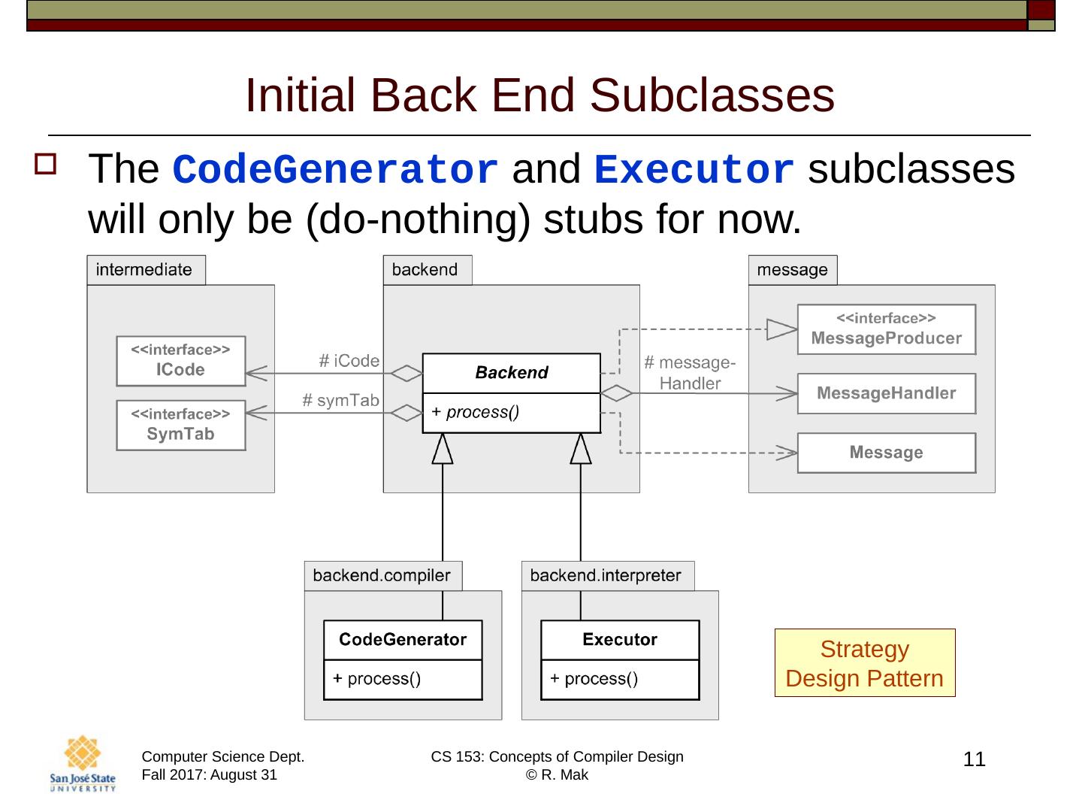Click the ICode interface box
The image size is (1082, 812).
coord(180,361)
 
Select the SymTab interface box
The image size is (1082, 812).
coord(180,426)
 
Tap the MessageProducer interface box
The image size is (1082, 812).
coord(886,329)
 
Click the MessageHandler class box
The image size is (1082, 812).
coord(886,393)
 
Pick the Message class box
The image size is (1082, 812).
coord(886,453)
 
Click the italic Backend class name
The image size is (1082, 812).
coord(512,373)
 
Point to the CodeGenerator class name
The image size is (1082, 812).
coord(403,640)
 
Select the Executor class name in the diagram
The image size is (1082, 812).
coord(620,640)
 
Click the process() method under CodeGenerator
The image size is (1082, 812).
coord(377,679)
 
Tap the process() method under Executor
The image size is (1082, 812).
coord(594,679)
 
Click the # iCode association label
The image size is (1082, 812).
coord(349,361)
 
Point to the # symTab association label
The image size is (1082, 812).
coord(340,400)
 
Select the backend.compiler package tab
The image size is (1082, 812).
coord(382,576)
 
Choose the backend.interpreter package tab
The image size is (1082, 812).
coord(606,576)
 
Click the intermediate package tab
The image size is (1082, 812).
coord(145,270)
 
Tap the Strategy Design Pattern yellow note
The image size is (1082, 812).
coord(864,663)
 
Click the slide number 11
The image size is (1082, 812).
coord(974,759)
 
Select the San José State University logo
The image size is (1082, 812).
coord(83,763)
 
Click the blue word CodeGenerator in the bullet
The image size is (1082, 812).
coord(336,170)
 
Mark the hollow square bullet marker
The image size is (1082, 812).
coord(45,165)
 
